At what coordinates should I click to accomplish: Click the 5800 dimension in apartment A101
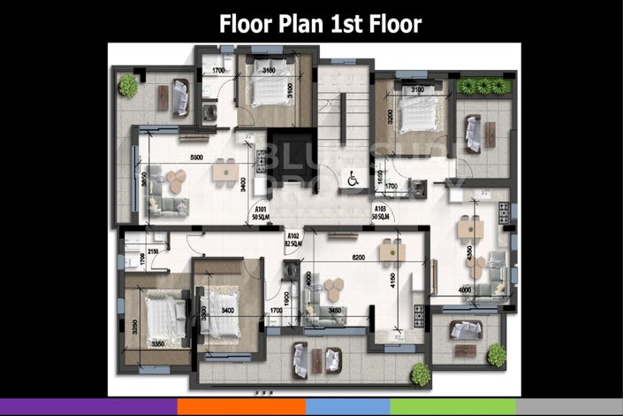pos(199,158)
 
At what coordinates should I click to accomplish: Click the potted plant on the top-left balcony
pos(129,87)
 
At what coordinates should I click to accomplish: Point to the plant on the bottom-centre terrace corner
pos(420,373)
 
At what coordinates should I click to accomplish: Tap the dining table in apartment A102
pos(390,253)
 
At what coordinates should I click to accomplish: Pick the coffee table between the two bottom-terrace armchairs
pos(315,359)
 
